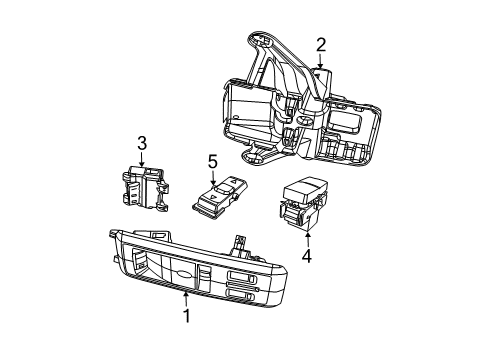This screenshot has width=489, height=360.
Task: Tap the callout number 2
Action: point(320,43)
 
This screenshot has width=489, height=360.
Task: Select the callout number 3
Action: point(142,143)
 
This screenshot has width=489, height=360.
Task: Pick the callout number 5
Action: point(212,160)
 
